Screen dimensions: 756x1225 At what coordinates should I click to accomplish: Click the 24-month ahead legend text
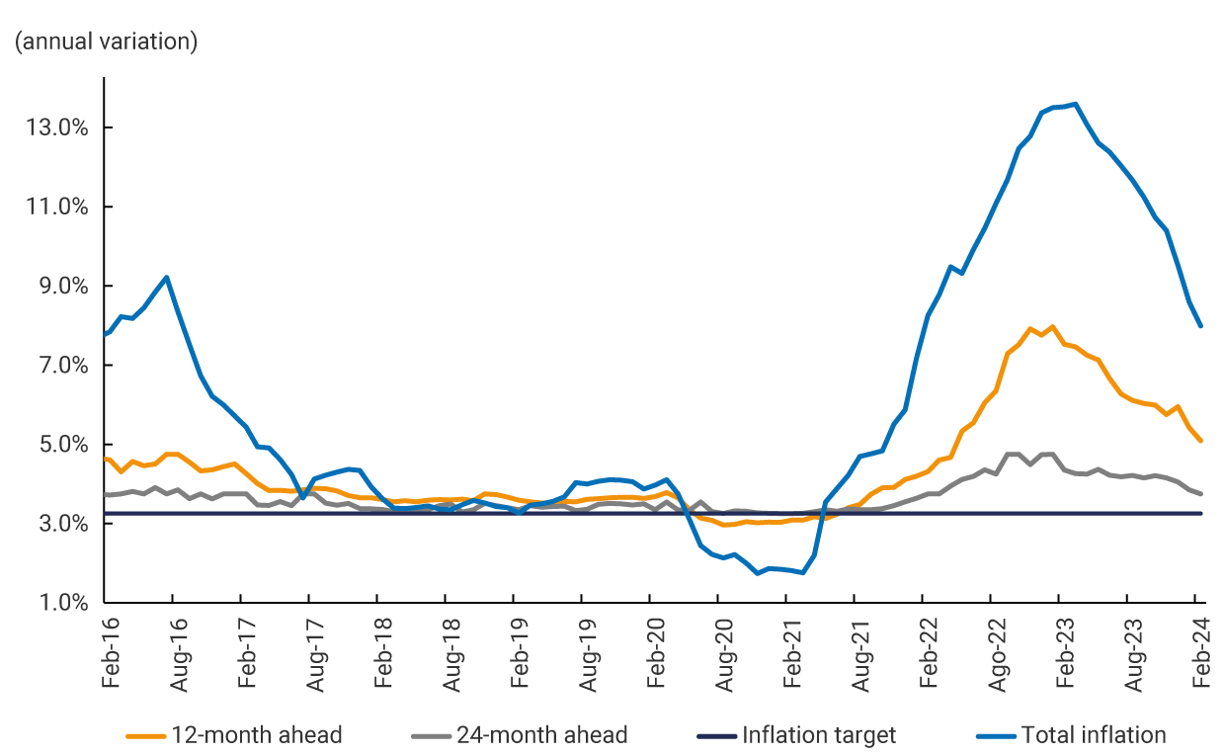(x=541, y=735)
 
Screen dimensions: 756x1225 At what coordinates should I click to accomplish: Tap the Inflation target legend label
(x=819, y=735)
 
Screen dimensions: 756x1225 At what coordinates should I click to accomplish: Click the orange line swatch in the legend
(x=146, y=736)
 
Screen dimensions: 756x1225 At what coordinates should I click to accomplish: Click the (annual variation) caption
(x=106, y=42)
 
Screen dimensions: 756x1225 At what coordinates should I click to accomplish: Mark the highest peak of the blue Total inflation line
(x=1076, y=104)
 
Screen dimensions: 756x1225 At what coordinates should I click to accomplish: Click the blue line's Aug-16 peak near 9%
(x=167, y=278)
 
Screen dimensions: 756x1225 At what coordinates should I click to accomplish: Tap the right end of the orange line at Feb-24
(x=1200, y=441)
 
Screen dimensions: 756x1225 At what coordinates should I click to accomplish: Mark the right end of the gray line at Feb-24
(x=1200, y=493)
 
